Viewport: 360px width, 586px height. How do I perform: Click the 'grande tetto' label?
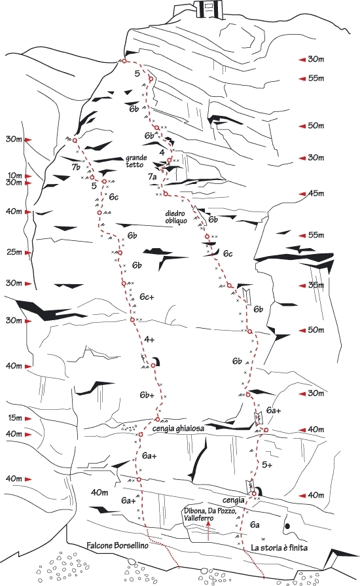pos(136,161)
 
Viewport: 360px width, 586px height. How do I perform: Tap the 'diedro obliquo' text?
pos(175,217)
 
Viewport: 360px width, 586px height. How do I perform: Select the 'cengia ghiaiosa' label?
pos(179,428)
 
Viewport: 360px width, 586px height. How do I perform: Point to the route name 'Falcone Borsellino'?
pos(117,545)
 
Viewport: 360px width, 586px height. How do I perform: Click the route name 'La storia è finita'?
pos(279,547)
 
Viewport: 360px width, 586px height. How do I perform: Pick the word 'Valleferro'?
pos(198,518)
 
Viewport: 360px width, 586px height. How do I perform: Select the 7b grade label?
pos(77,167)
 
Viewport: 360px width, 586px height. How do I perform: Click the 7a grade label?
pos(152,177)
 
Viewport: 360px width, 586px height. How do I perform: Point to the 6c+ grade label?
pos(147,297)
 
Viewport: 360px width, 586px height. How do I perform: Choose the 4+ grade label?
pos(149,339)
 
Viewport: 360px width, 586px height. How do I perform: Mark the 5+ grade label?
pos(267,464)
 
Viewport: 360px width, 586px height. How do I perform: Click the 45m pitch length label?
pos(316,193)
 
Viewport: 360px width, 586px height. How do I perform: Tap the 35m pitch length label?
pos(316,285)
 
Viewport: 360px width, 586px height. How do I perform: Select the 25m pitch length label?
pos(14,252)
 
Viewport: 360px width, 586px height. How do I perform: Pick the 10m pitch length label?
pos(14,175)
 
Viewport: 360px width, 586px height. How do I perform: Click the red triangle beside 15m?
pos(28,418)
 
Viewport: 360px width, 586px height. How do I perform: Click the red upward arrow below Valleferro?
pos(208,531)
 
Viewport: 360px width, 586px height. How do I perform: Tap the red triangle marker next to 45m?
pos(302,194)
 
